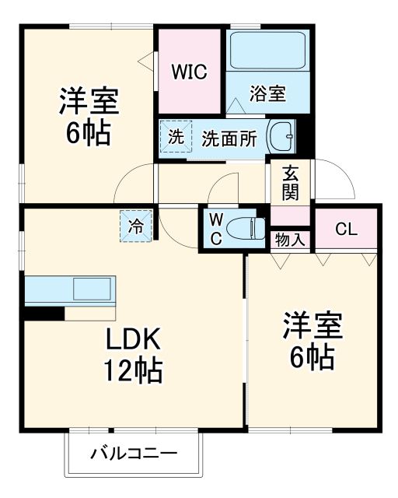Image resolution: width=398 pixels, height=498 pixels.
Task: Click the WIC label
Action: tap(189, 72)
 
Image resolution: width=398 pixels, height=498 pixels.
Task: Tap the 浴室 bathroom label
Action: tap(267, 95)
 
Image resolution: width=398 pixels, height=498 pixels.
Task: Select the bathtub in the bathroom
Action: tap(269, 51)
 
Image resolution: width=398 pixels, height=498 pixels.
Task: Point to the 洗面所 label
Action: tap(229, 139)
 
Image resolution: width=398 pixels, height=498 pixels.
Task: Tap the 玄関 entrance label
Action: tap(290, 183)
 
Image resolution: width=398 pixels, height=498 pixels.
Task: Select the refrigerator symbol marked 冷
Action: tap(135, 226)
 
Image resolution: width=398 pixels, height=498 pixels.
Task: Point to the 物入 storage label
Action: tap(290, 240)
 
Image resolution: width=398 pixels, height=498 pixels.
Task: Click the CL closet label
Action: tap(346, 229)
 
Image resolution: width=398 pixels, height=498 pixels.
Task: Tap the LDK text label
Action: tap(133, 340)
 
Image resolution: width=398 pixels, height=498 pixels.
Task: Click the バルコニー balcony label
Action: tap(134, 453)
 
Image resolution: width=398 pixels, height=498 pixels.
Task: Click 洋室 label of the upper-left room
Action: tap(89, 102)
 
